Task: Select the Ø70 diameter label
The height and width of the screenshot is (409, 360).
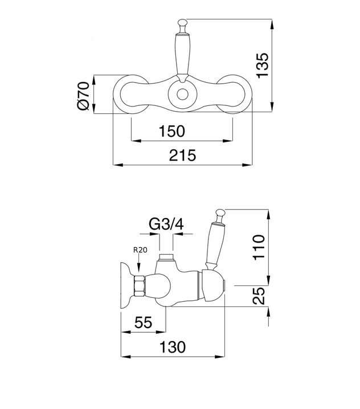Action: click(83, 95)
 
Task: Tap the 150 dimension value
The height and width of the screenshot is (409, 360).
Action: click(172, 131)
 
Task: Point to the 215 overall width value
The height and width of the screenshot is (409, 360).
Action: click(183, 155)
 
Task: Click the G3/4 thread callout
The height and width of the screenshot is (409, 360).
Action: click(166, 224)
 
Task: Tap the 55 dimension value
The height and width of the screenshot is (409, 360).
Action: click(142, 323)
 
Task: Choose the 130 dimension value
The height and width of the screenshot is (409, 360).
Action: click(173, 346)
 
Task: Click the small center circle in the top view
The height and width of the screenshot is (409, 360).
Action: click(182, 95)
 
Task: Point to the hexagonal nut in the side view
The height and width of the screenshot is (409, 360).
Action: click(140, 284)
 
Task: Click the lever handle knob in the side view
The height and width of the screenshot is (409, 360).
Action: click(219, 215)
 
